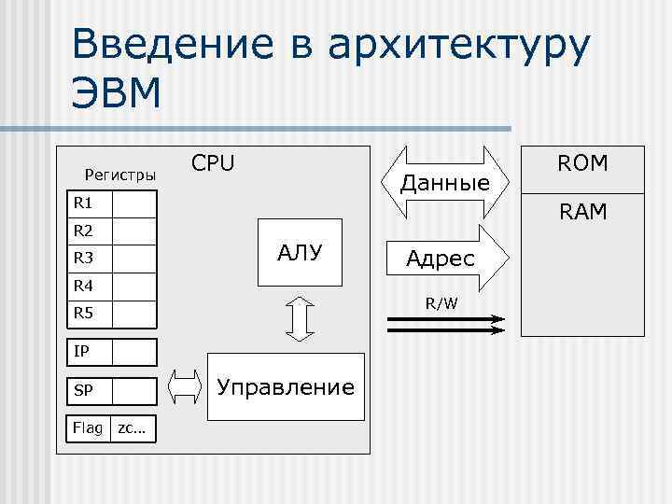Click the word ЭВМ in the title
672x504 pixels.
pyautogui.click(x=116, y=94)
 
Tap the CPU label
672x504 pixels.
pyautogui.click(x=213, y=163)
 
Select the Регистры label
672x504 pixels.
pyautogui.click(x=120, y=175)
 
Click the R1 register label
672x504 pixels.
pyautogui.click(x=83, y=203)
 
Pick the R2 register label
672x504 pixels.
pyautogui.click(x=83, y=231)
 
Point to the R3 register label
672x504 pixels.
pyautogui.click(x=83, y=258)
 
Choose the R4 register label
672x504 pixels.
pyautogui.click(x=83, y=286)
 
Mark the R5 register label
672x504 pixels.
pyautogui.click(x=83, y=313)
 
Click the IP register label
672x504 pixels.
pyautogui.click(x=82, y=352)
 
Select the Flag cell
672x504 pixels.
pyautogui.click(x=89, y=427)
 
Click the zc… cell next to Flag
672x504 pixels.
pyautogui.click(x=133, y=427)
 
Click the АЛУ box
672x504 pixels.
pyautogui.click(x=299, y=250)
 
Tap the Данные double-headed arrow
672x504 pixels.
pyautogui.click(x=445, y=181)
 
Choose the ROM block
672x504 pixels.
pyautogui.click(x=582, y=164)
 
